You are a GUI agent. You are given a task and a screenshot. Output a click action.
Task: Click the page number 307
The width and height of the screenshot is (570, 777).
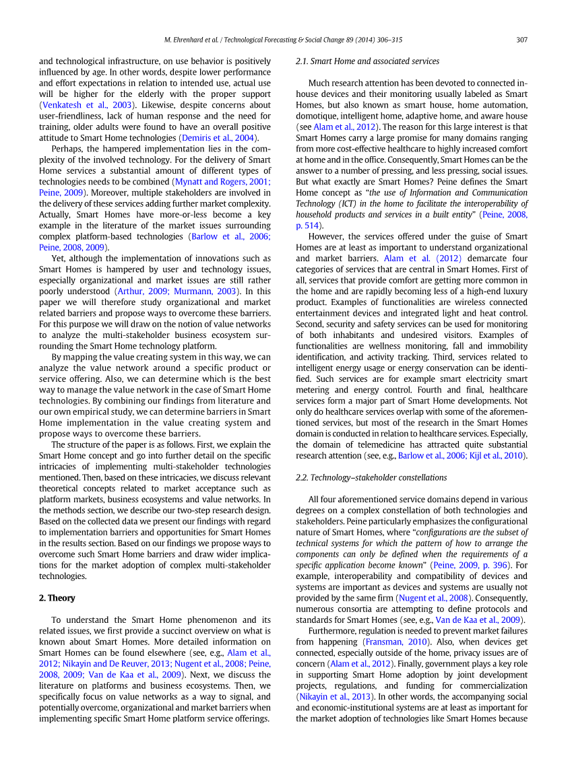click(x=521, y=40)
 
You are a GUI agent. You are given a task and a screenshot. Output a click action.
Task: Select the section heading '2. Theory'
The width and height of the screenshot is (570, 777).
click(x=57, y=598)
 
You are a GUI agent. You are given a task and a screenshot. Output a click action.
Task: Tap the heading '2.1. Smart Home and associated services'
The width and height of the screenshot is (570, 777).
click(x=367, y=61)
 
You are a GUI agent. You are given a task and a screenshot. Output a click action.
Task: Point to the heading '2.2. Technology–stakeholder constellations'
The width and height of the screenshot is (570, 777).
click(x=371, y=477)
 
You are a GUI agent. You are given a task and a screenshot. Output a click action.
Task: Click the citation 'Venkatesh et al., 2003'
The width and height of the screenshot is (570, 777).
click(x=87, y=105)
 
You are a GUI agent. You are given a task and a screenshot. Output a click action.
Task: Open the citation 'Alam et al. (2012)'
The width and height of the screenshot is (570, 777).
click(x=414, y=258)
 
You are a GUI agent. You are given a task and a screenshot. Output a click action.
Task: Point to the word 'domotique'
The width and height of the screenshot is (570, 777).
click(x=317, y=116)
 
